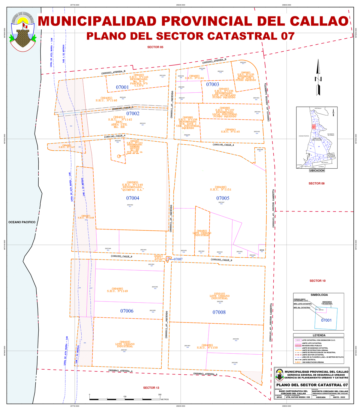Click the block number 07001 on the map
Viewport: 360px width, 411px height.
pos(122,88)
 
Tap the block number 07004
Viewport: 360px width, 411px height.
pos(133,198)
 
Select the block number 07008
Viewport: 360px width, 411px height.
pos(219,313)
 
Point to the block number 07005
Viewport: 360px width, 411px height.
pos(223,198)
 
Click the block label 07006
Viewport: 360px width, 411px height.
pos(127,311)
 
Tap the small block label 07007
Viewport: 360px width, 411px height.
pos(178,259)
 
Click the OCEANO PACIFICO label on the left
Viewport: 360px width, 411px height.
pos(22,222)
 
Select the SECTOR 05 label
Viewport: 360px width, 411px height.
pos(155,47)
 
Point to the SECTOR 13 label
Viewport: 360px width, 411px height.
pos(151,388)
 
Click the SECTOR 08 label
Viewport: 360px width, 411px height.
pos(317,183)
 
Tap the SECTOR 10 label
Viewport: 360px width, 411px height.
pos(317,281)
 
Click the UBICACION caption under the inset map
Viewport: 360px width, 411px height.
pos(317,171)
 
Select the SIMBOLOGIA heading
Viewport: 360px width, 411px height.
pos(319,295)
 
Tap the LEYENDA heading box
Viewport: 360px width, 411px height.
pos(319,335)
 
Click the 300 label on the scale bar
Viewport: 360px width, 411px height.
pos(160,395)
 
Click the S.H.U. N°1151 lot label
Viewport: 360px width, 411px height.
pos(220,190)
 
